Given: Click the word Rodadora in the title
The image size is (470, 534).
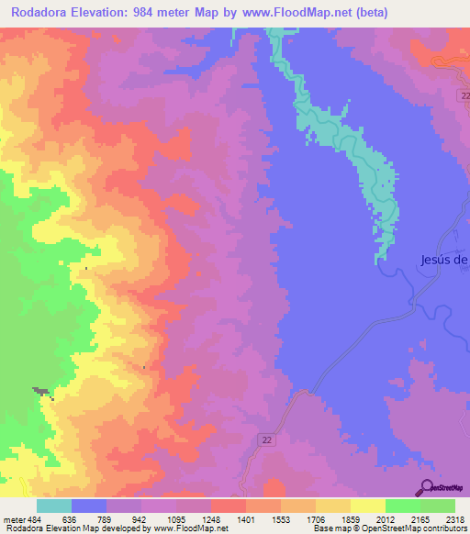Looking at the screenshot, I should click(x=44, y=13).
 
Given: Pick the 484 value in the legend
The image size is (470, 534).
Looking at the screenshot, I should click(x=33, y=519).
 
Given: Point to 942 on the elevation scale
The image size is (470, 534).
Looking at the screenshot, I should click(x=140, y=519).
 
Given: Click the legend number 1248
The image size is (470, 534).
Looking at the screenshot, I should click(x=210, y=519).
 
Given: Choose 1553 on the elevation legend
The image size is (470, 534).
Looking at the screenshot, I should click(x=280, y=519).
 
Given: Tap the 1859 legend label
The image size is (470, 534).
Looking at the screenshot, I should click(x=350, y=519).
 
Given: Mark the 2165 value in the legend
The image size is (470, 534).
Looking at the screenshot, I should click(x=420, y=519).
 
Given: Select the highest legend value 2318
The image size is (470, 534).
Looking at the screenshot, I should click(x=454, y=519).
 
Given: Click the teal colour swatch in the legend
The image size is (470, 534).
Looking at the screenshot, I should click(x=54, y=506).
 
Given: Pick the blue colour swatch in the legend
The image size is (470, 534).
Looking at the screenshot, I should click(x=89, y=506).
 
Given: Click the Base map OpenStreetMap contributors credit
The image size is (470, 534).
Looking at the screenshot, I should click(x=387, y=528).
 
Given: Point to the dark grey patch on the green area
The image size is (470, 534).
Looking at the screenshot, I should click(x=41, y=392).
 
